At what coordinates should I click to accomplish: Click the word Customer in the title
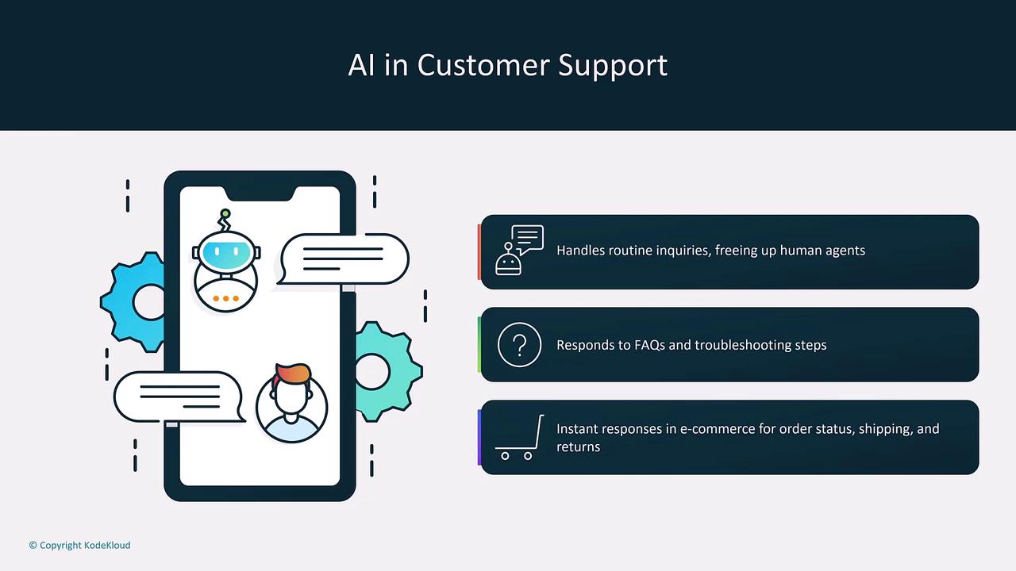tap(483, 65)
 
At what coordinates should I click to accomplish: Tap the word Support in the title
tap(613, 66)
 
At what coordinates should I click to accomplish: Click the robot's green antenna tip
tap(225, 213)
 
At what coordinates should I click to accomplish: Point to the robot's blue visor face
tap(226, 253)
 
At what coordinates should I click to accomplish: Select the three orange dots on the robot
tap(225, 299)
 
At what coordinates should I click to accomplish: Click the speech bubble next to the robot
tap(344, 259)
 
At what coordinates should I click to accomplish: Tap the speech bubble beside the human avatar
tap(179, 397)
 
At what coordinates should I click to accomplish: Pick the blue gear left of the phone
tap(133, 302)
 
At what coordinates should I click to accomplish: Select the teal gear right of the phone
tap(388, 372)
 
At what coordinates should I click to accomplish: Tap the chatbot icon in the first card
tap(519, 250)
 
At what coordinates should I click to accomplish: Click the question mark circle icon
tap(519, 345)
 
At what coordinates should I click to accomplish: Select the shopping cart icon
tap(519, 437)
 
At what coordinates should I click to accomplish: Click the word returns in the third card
tap(579, 447)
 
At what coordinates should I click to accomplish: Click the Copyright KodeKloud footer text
tap(80, 545)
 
